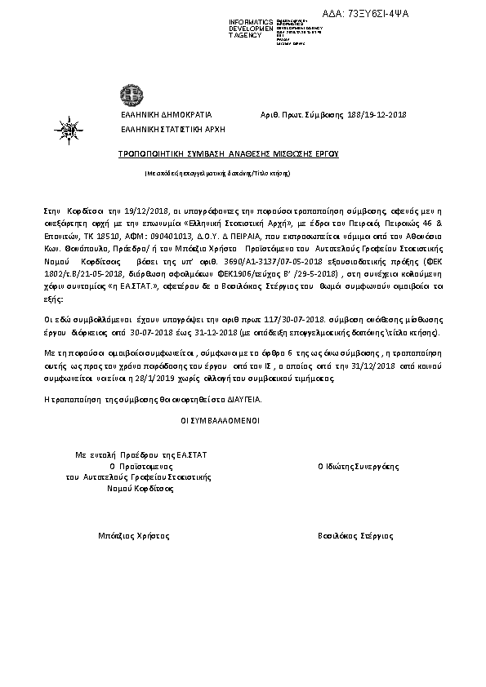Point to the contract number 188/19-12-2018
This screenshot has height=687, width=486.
pos(377,116)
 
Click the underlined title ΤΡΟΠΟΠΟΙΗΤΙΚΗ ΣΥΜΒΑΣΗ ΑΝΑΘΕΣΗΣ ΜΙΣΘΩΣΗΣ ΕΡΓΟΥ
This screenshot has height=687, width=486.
pos(228,153)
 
